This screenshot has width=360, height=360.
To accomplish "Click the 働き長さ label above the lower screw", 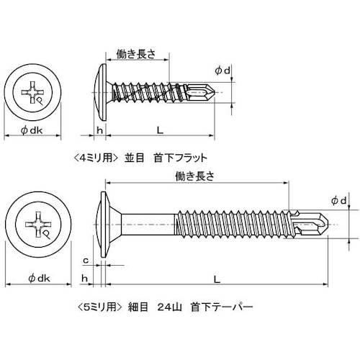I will tap(195, 175).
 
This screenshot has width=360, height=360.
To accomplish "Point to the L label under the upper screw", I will tap(158, 130).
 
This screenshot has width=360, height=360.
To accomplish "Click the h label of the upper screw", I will tap(100, 130).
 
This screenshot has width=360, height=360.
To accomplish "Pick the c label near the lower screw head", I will tap(86, 259).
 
